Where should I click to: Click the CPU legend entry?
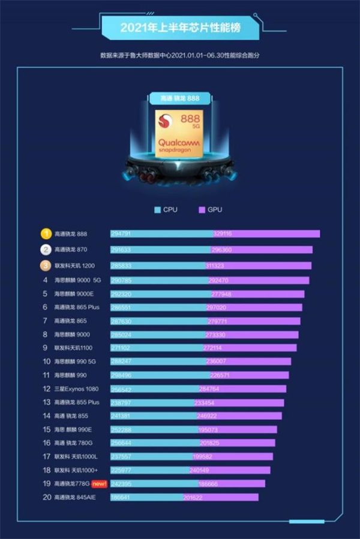[166, 210]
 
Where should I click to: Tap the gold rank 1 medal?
[45, 233]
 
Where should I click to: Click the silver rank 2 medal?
[45, 249]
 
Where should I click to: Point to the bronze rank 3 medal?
[45, 264]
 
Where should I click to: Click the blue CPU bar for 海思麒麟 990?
[150, 375]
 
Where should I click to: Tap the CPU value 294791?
[122, 233]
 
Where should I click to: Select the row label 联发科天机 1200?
[75, 264]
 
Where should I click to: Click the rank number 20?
[45, 497]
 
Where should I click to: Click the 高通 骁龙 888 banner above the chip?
[179, 98]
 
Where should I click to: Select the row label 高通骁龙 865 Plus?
[77, 306]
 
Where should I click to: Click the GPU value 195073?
[208, 430]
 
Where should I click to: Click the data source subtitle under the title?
[180, 55]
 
